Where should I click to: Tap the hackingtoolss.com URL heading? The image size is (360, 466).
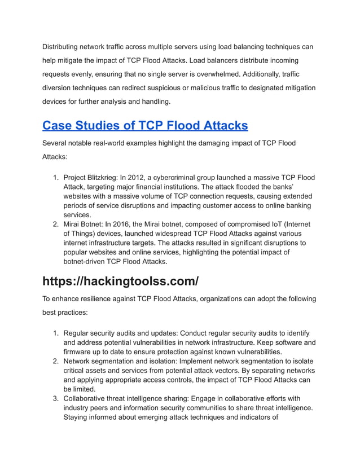[120, 280]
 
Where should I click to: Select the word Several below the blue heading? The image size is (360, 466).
[58, 143]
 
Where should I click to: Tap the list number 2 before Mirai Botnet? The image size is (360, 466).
[55, 224]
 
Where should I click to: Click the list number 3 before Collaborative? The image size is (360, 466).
[55, 398]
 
